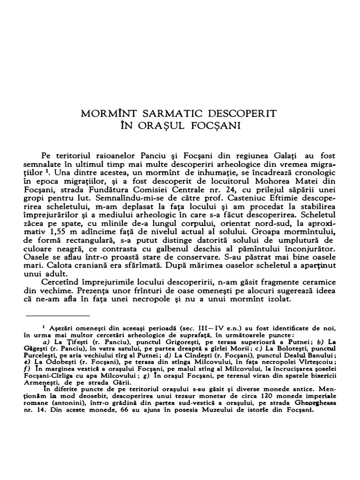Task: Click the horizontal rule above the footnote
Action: coord(57,315)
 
